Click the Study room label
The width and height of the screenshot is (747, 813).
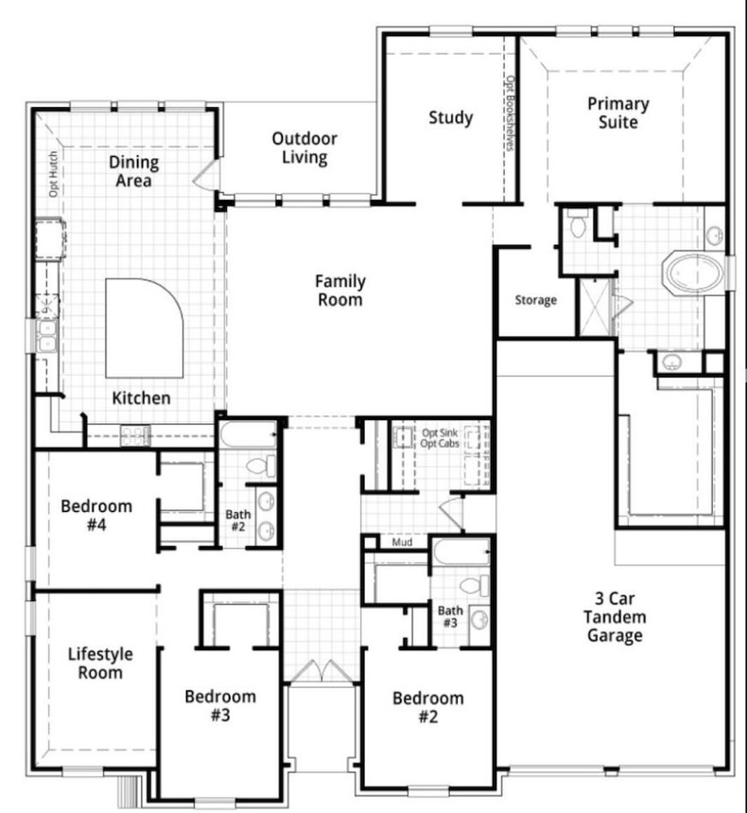pyautogui.click(x=450, y=118)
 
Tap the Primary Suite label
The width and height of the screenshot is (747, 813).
pyautogui.click(x=617, y=113)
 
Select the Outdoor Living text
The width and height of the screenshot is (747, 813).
pyautogui.click(x=304, y=149)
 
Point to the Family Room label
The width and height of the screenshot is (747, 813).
pyautogui.click(x=339, y=291)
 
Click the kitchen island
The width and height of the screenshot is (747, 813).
pyautogui.click(x=142, y=327)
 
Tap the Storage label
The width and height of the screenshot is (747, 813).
pyautogui.click(x=535, y=300)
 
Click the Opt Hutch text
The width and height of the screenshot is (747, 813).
pyautogui.click(x=54, y=173)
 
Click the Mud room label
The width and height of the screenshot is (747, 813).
pyautogui.click(x=401, y=543)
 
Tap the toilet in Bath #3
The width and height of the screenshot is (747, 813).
pyautogui.click(x=481, y=586)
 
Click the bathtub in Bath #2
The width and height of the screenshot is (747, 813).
pyautogui.click(x=248, y=436)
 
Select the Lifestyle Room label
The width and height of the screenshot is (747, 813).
pyautogui.click(x=99, y=663)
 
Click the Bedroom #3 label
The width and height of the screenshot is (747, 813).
pyautogui.click(x=220, y=706)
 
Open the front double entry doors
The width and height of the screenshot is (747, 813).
pyautogui.click(x=321, y=671)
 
